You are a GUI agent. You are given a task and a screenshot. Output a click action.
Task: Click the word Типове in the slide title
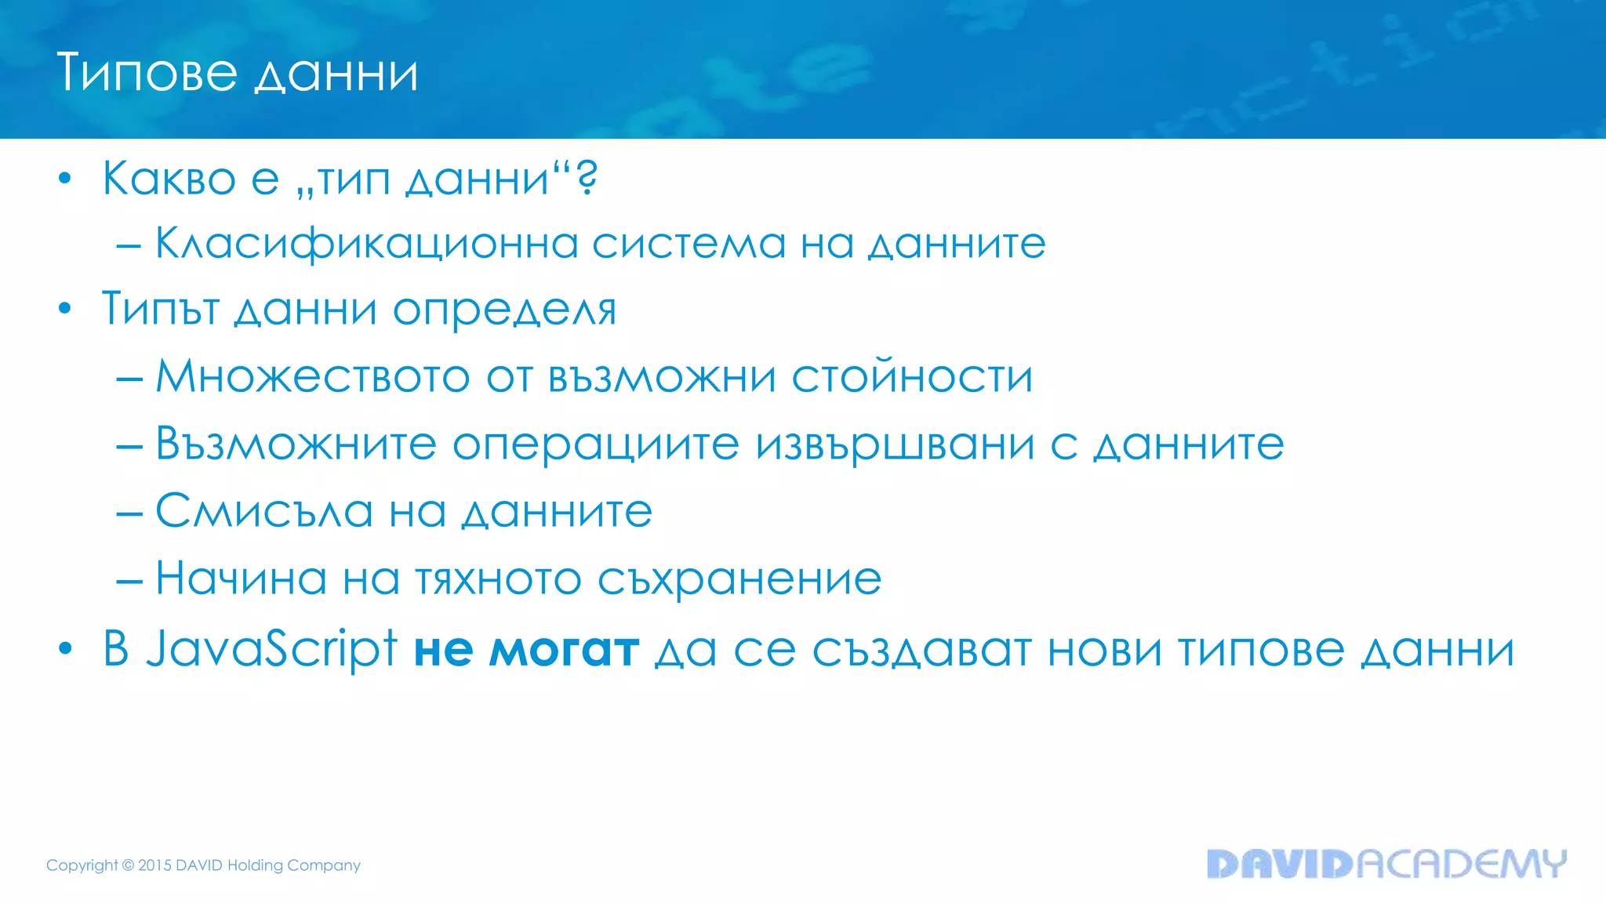click(147, 73)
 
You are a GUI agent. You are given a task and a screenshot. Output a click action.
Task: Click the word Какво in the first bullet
click(169, 179)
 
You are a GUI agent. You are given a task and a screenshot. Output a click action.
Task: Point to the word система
click(689, 244)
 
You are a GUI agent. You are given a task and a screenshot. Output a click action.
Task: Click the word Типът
click(161, 309)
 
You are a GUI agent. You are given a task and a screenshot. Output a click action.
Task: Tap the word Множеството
click(312, 376)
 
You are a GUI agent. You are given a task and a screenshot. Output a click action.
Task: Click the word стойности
click(912, 376)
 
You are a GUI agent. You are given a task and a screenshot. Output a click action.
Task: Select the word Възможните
click(296, 444)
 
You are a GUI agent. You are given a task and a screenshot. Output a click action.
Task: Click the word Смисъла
click(264, 511)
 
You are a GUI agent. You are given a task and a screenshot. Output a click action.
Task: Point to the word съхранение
click(739, 579)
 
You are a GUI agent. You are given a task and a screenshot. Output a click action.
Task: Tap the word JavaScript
click(272, 649)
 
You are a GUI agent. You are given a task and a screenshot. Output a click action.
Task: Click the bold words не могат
click(526, 651)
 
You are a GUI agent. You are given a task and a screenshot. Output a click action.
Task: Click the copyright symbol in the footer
click(128, 865)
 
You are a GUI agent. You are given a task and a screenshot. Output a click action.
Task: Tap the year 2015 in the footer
click(154, 865)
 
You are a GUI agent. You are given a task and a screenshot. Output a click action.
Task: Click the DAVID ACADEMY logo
click(1386, 863)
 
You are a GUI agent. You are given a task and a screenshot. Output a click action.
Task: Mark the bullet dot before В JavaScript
click(65, 649)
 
